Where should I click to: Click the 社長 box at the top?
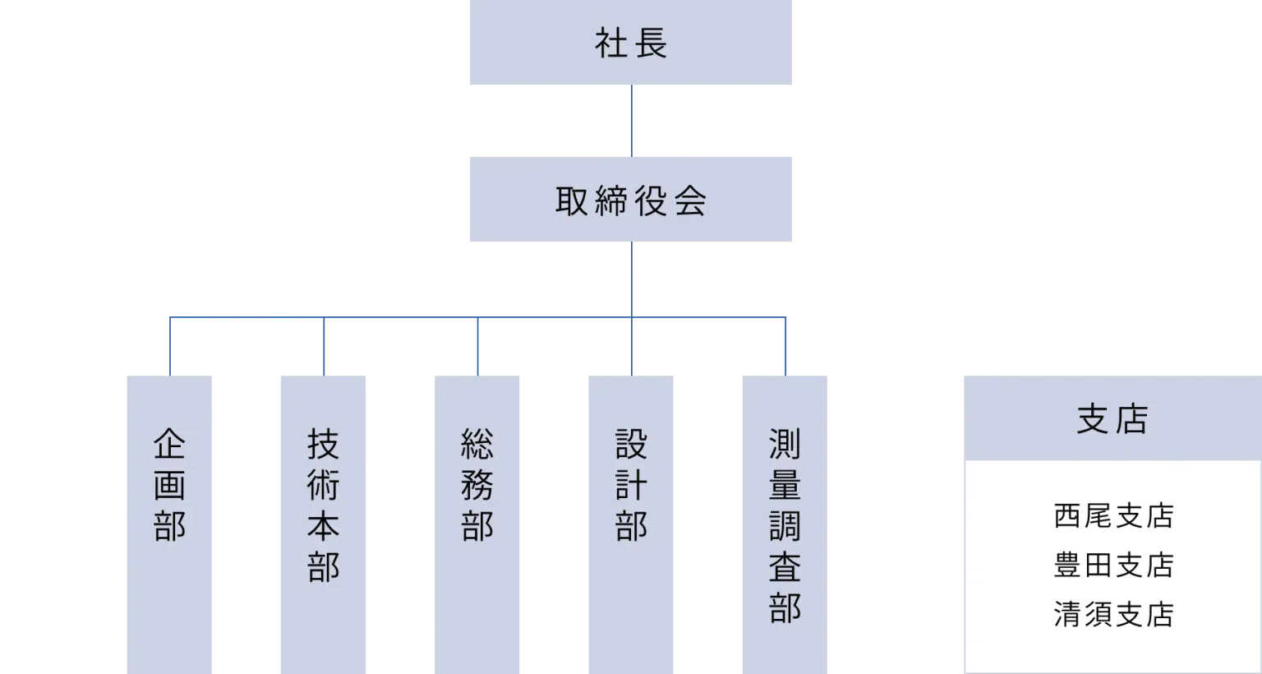pos(630,43)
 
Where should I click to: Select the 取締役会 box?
pos(630,197)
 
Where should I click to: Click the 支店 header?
pos(1111,419)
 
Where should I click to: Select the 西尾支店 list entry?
pos(1112,516)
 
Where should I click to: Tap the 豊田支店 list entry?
pos(1112,566)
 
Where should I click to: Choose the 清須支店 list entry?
pos(1112,614)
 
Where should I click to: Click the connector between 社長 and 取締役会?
pos(633,118)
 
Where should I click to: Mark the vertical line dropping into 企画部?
pos(168,347)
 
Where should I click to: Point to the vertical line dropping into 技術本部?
pos(325,347)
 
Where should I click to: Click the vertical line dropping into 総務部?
pos(477,347)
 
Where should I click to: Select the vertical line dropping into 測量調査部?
pos(786,347)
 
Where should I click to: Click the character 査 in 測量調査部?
pos(785,568)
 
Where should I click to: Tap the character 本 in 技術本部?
pos(323,527)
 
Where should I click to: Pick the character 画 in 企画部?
pos(169,486)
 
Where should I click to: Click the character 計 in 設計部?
pos(631,486)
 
